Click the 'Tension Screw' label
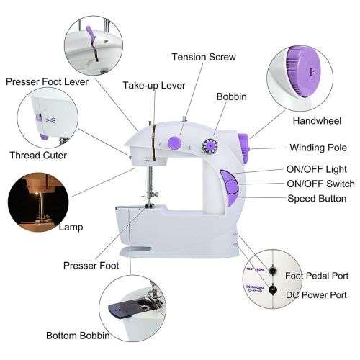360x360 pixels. (203, 57)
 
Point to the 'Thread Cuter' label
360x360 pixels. (39, 155)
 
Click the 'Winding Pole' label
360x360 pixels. (318, 148)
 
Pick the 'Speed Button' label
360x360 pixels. (317, 198)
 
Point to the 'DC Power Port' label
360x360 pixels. (317, 294)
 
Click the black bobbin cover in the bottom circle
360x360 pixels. (125, 310)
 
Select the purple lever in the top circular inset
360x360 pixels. (91, 35)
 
